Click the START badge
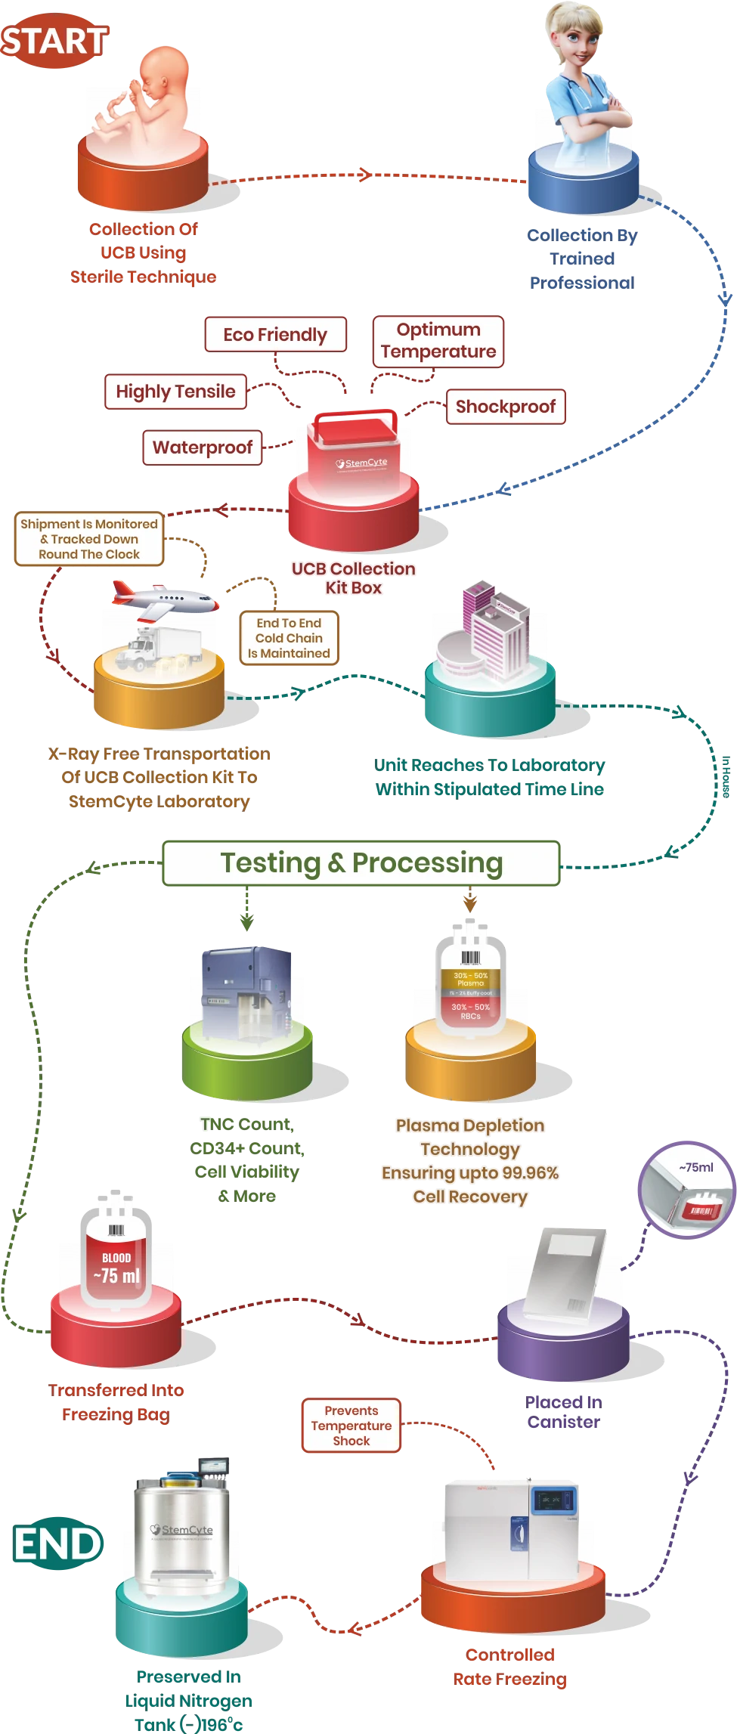coord(54,41)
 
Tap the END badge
coord(57,1544)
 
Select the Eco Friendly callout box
coord(275,335)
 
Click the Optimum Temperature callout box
coord(438,341)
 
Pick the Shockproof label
coord(505,407)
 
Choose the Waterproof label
coord(203,447)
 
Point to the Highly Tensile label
coord(175,392)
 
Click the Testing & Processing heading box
coord(361,862)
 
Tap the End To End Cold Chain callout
coord(289,638)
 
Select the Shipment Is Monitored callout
coord(89,539)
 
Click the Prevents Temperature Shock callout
coord(351,1426)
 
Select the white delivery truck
coord(163,646)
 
